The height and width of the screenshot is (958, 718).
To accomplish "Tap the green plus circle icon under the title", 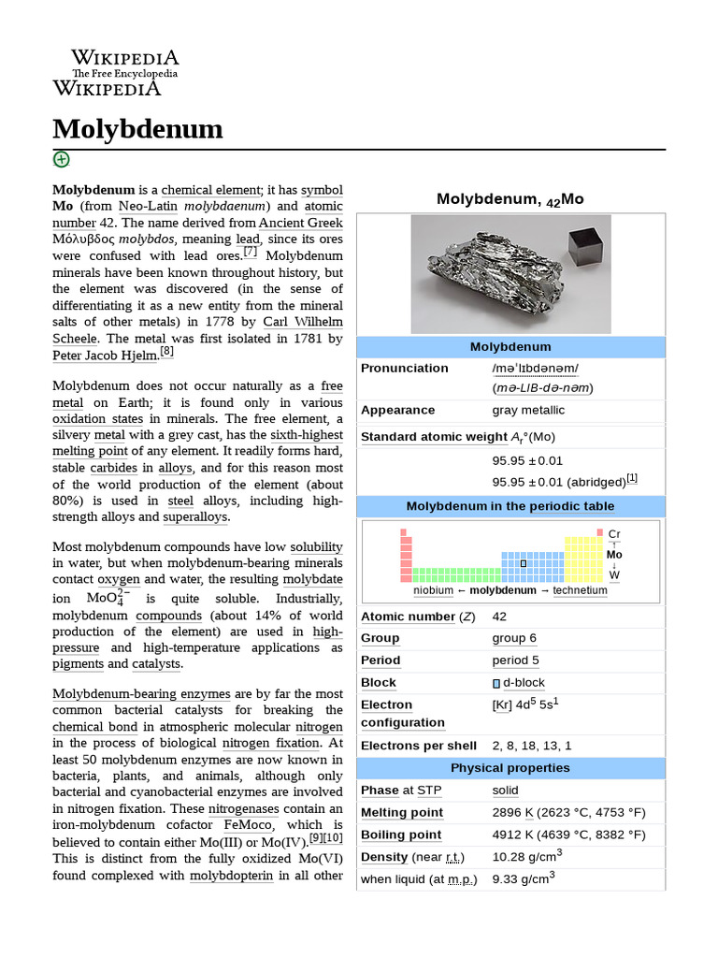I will click(x=61, y=159).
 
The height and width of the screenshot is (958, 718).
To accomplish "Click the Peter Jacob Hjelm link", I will click(x=105, y=356).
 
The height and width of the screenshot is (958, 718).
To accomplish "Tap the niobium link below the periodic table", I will click(x=433, y=590).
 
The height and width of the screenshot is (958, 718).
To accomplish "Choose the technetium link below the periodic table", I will click(x=580, y=590).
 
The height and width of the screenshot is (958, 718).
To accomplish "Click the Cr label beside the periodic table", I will click(x=614, y=533).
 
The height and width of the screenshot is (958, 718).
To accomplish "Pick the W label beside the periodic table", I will click(x=614, y=574).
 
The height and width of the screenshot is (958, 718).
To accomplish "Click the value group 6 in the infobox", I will click(x=514, y=638).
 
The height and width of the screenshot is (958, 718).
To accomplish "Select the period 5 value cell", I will click(x=515, y=660).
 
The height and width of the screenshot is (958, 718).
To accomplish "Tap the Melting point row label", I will click(x=402, y=812).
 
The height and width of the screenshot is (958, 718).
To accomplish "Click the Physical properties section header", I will click(x=510, y=768).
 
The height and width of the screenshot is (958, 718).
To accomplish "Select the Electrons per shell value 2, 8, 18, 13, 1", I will click(x=531, y=746).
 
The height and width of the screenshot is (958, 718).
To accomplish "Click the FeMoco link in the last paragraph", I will click(x=248, y=825).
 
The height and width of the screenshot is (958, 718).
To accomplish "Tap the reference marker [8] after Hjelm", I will click(x=166, y=352).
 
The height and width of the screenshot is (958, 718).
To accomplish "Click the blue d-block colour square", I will click(x=496, y=684).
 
